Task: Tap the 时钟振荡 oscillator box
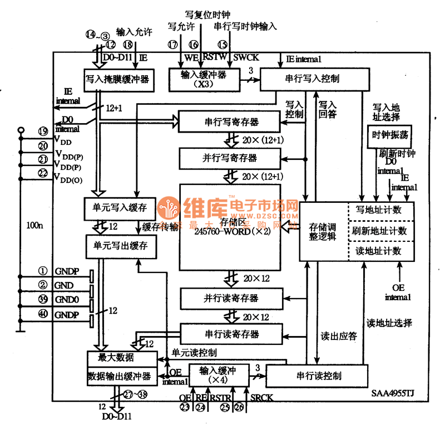point(390,136)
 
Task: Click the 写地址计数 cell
point(381,211)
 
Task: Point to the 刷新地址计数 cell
point(381,231)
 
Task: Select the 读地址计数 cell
point(381,251)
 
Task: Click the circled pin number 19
point(43,132)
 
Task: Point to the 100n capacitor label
point(34,225)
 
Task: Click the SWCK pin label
point(246,57)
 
